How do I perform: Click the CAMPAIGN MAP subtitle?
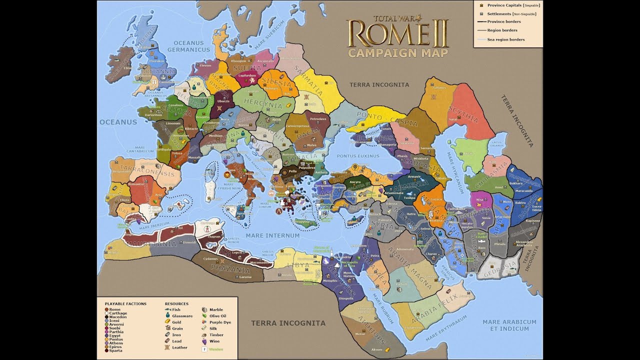[398, 52]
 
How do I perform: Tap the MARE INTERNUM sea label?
[272, 235]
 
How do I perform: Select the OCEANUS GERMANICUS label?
[188, 46]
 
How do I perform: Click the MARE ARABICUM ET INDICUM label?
[509, 325]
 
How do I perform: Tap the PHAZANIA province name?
[230, 268]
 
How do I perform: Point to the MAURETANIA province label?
[151, 244]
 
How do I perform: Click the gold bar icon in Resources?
[167, 322]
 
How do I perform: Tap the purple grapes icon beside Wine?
[204, 341]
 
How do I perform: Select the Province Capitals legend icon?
[481, 5]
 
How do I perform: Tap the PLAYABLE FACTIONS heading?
[125, 303]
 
